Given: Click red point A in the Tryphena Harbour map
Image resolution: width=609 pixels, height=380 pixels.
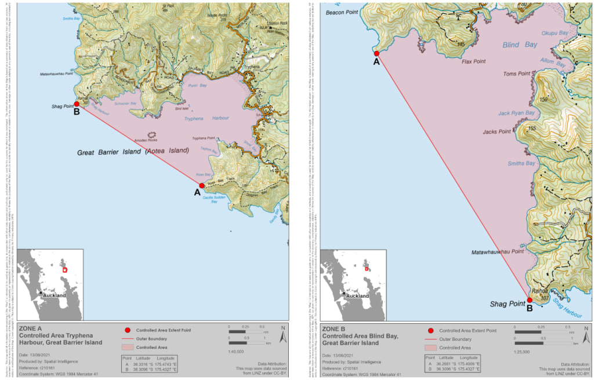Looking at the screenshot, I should (202, 186).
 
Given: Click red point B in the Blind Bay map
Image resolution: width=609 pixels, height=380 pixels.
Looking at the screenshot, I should (530, 300).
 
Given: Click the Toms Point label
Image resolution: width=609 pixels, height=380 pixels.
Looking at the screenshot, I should (516, 74).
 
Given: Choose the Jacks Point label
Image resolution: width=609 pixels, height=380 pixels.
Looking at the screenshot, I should (496, 132).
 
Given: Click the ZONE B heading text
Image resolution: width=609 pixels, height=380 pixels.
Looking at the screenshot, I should (335, 328).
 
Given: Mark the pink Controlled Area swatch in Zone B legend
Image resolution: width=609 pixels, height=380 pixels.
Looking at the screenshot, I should (432, 348).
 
